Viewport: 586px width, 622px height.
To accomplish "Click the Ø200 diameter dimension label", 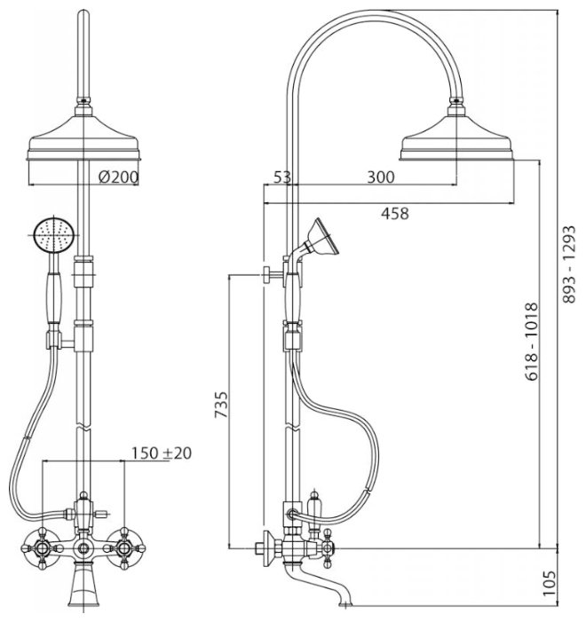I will tap(118, 177).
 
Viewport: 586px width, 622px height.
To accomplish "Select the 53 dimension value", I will tap(282, 177).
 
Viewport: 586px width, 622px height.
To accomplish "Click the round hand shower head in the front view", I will tap(50, 237).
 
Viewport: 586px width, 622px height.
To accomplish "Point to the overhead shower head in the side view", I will tap(456, 142).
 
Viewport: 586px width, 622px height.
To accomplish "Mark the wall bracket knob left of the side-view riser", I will tap(266, 274).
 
